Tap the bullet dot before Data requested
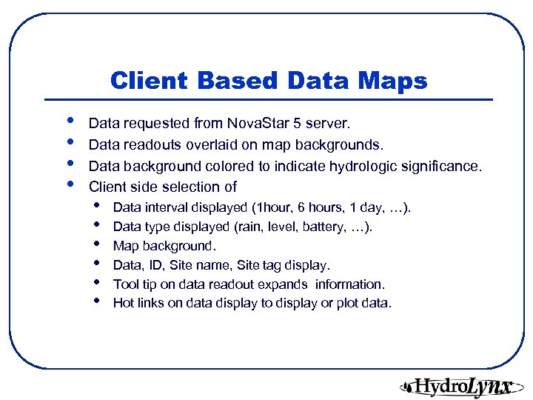pos(70,121)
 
